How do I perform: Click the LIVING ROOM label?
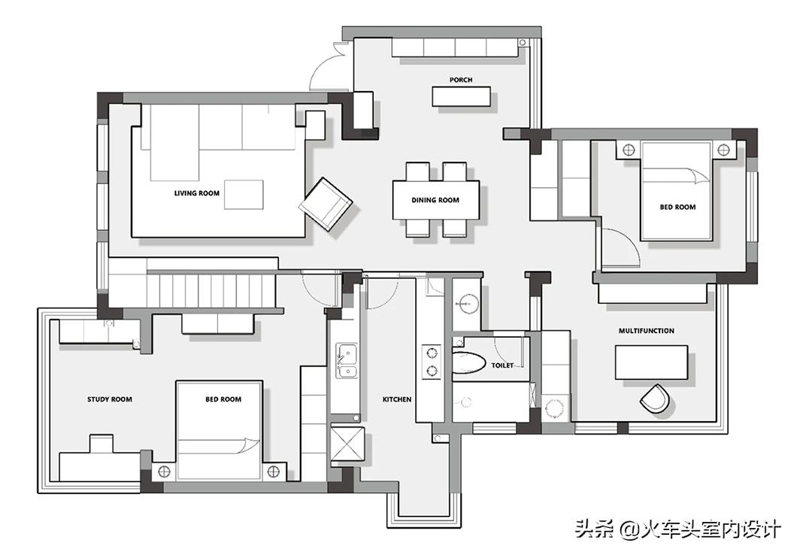(x=197, y=193)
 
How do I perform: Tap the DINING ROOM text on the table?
(x=435, y=200)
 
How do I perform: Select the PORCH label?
(x=460, y=80)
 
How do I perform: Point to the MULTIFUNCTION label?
(x=646, y=331)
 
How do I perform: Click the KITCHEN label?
(x=397, y=399)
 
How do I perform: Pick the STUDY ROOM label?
(x=109, y=399)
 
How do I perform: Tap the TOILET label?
(x=502, y=365)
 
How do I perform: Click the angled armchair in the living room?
(x=326, y=205)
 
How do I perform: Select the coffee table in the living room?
(x=244, y=194)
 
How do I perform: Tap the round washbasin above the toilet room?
(x=468, y=305)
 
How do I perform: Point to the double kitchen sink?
(x=346, y=360)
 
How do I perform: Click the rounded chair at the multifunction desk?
(x=654, y=399)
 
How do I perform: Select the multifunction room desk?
(x=651, y=362)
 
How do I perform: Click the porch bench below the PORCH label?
(x=461, y=96)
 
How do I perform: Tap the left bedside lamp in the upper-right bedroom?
(x=629, y=150)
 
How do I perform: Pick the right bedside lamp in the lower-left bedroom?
(x=274, y=471)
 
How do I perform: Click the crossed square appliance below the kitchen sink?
(x=347, y=444)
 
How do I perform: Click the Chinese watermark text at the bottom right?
(x=677, y=530)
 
